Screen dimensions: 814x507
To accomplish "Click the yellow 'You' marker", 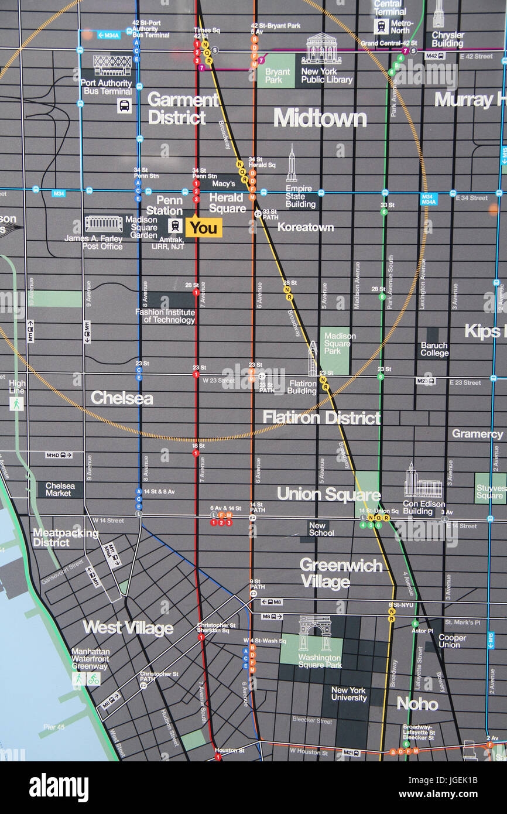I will click(204, 227).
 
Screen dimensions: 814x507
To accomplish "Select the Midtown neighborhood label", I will click(320, 118).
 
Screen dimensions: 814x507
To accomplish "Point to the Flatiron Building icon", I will click(313, 358).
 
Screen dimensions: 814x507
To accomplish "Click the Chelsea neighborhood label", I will click(122, 398).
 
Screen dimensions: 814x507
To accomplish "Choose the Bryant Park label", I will click(277, 76).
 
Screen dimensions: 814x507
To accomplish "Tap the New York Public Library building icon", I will click(321, 49).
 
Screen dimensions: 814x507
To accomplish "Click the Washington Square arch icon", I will click(314, 633).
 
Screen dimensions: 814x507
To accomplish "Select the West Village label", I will click(128, 628).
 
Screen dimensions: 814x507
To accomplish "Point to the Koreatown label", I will click(305, 227).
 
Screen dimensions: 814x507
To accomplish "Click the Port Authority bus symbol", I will click(124, 106).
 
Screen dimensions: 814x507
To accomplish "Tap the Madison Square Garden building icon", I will click(104, 224).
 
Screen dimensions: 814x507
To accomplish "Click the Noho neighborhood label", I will click(417, 703).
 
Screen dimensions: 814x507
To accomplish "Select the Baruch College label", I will click(434, 349).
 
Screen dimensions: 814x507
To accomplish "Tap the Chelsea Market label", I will click(60, 490).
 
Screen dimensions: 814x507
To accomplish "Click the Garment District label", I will click(183, 108).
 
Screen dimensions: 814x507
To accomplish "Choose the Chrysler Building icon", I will click(438, 14).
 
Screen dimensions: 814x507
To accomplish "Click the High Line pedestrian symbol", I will click(16, 403).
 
